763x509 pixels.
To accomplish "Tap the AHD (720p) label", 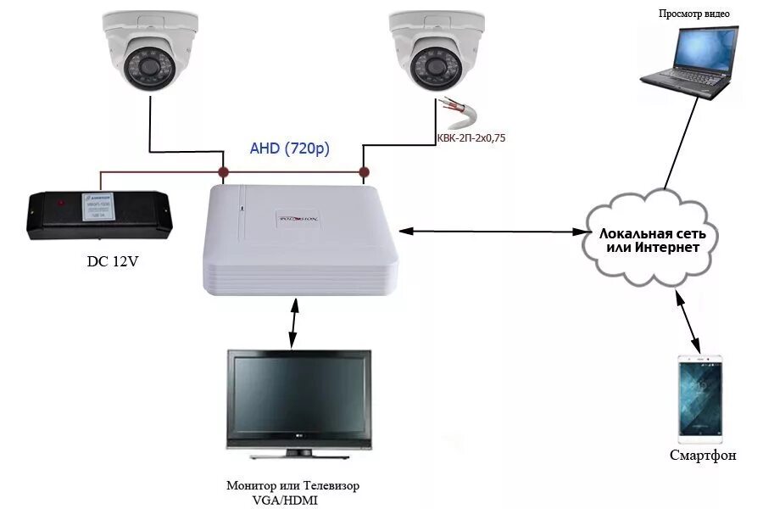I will [x=290, y=148].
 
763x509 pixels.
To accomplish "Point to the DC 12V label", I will [x=112, y=261].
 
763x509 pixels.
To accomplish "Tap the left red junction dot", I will [x=224, y=173].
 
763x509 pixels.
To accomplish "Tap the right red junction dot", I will [x=365, y=173].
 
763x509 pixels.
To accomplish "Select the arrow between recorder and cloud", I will [x=492, y=230].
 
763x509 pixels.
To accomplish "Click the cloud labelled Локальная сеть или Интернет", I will [x=649, y=238].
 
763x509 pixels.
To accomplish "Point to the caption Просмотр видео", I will [x=693, y=13].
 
